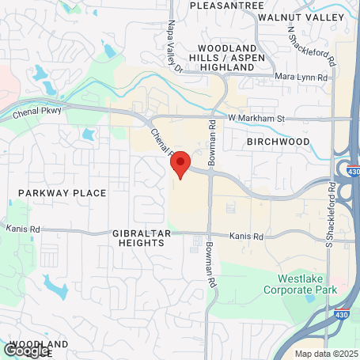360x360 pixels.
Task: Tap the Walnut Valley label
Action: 318,17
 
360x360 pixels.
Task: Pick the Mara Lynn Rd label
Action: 304,77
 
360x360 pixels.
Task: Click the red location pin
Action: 180,162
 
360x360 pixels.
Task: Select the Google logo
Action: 25,350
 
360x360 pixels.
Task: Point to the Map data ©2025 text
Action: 326,354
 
